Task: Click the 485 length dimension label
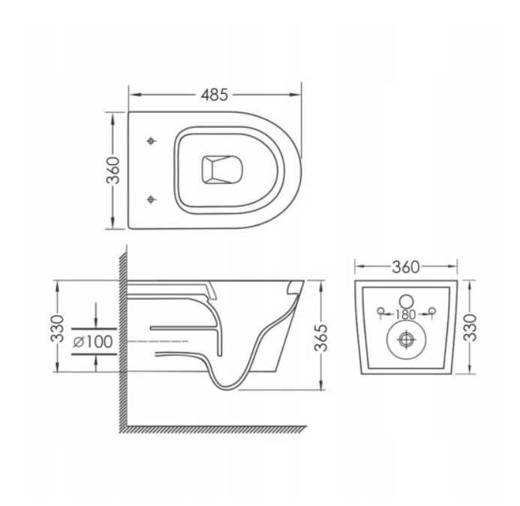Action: coord(215,95)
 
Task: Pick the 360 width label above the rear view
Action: coord(406,267)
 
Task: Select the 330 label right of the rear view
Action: coord(470,327)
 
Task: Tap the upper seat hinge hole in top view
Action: coord(153,141)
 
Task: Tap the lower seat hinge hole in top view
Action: coord(153,199)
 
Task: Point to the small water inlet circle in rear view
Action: coord(406,295)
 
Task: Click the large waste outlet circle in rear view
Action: coord(406,340)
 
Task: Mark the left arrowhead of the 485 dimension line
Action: coord(134,95)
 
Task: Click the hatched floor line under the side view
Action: coord(218,429)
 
